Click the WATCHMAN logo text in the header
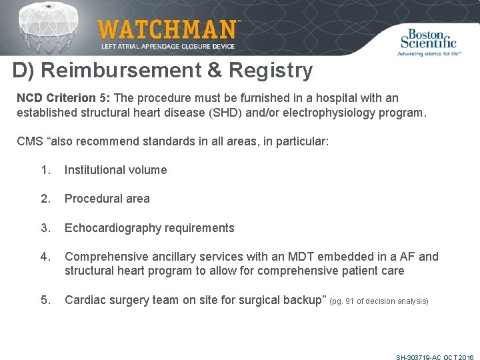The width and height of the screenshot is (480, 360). [167, 30]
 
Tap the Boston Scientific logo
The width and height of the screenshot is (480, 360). [427, 41]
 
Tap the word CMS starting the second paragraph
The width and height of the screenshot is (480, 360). [29, 141]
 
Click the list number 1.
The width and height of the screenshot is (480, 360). [45, 170]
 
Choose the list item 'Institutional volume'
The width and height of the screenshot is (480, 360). [115, 170]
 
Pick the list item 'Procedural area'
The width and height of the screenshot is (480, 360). [107, 199]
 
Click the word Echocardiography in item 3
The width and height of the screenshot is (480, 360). [109, 228]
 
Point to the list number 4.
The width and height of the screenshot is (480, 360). [45, 257]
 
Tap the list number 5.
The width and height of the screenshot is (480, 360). [45, 300]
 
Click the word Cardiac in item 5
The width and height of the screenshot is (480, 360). [83, 300]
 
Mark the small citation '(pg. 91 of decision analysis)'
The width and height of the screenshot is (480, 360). [379, 301]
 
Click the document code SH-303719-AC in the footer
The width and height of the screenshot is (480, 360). [418, 357]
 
